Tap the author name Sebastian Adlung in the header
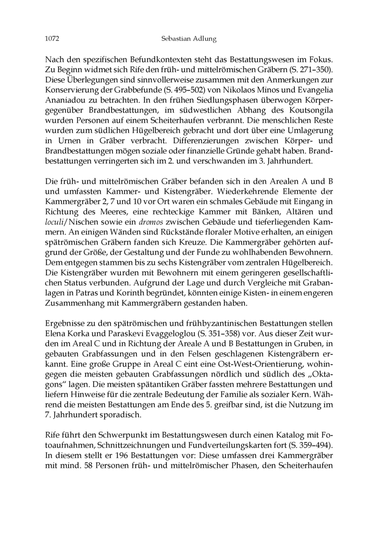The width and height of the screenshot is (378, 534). pos(189,39)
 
